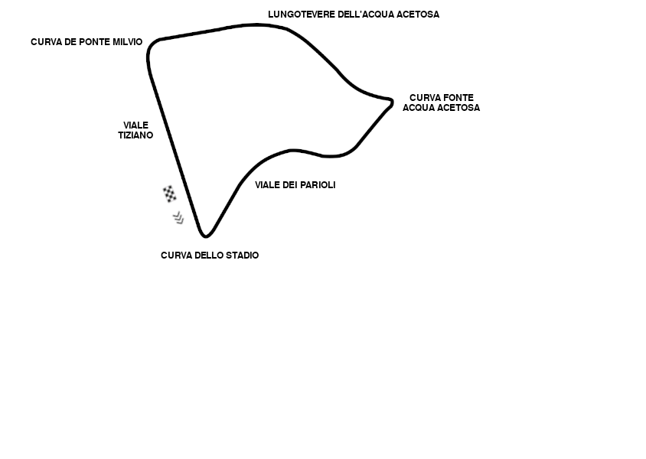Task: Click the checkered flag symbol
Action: coord(170,194)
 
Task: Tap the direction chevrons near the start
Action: coord(178,218)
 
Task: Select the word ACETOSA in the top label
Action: coord(419,15)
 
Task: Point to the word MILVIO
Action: coord(127,42)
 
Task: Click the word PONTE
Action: coord(95,42)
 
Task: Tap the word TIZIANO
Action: coord(135,135)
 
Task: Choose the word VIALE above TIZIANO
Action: coord(135,125)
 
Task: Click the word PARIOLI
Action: coord(317,185)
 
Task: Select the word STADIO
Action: coord(241,256)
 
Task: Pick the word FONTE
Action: coord(458,98)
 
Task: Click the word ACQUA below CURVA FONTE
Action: coord(419,108)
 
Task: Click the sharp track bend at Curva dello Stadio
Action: coord(204,235)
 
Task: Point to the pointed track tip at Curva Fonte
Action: coord(391,101)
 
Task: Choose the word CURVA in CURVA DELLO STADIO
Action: coord(175,256)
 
